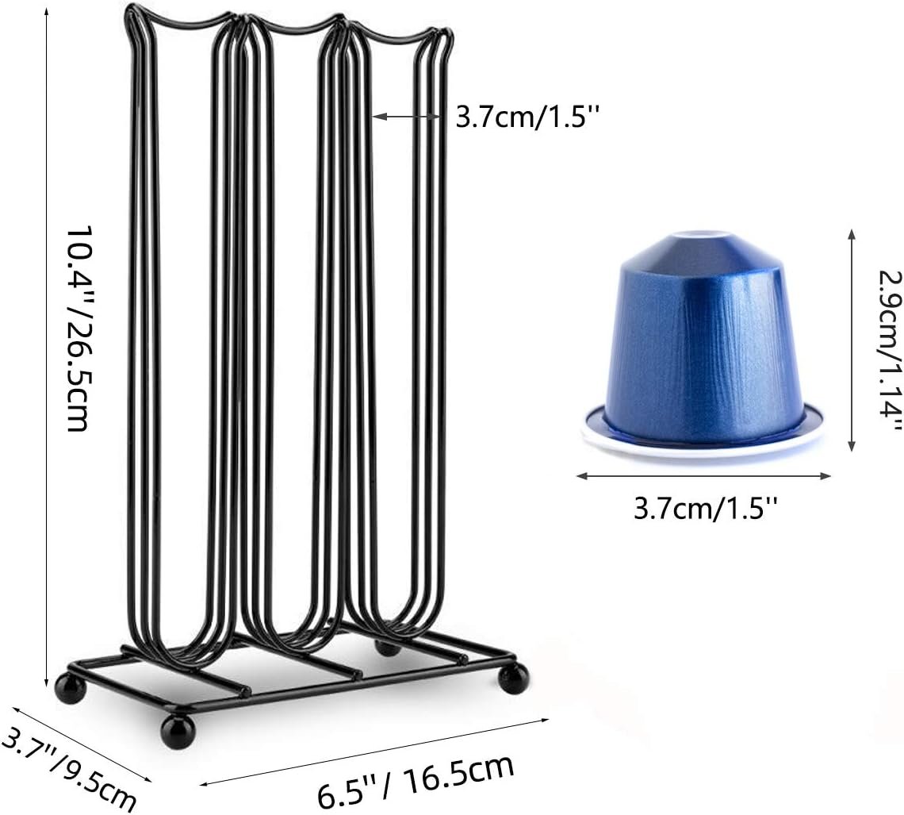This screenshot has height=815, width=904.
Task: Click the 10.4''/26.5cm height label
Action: point(77,328)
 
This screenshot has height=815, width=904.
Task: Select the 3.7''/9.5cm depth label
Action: point(68,768)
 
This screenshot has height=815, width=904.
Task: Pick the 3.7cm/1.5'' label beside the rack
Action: point(528,117)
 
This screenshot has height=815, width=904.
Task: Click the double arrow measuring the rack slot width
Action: point(407,117)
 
